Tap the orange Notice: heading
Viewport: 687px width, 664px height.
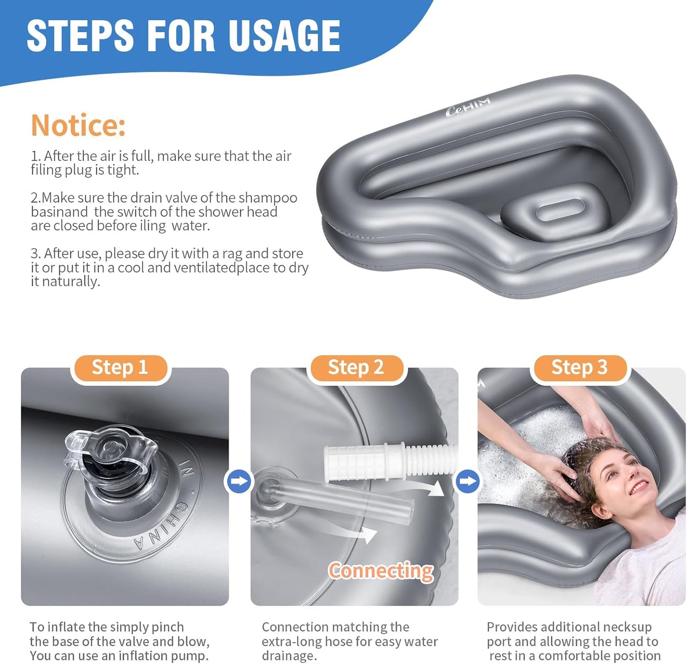78,125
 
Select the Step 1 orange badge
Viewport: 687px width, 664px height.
120,368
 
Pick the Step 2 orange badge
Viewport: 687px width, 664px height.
356,368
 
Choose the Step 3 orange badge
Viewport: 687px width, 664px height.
579,368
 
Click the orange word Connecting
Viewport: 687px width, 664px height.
380,571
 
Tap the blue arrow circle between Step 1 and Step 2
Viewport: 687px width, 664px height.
239,481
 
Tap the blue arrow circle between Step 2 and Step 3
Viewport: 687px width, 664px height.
468,481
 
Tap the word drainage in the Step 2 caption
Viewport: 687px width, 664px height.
289,656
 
